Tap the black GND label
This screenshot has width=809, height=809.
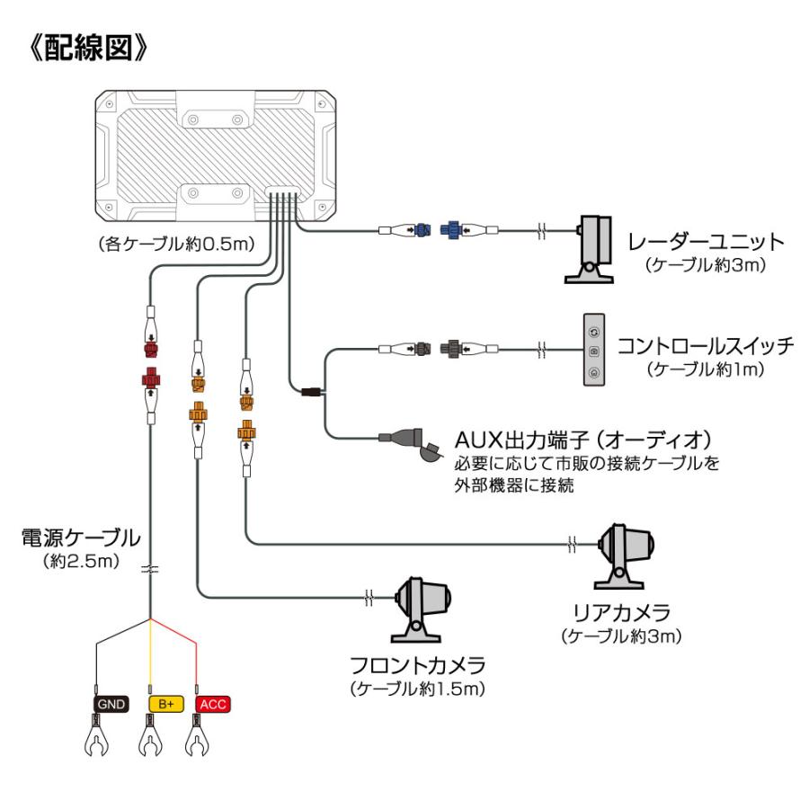(109, 703)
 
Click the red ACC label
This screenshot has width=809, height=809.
(213, 703)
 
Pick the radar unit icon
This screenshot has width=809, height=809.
(592, 249)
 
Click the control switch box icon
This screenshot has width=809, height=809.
(593, 349)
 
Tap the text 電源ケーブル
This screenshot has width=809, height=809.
(81, 538)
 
